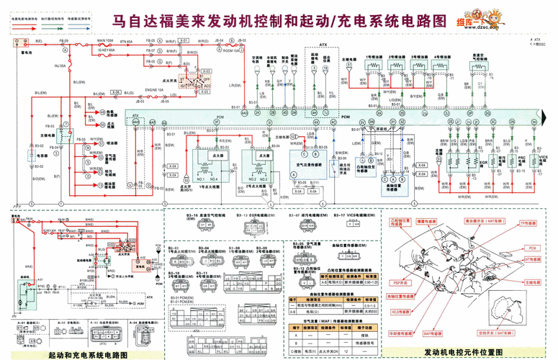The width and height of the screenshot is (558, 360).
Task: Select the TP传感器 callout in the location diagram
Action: (x=530, y=224)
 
